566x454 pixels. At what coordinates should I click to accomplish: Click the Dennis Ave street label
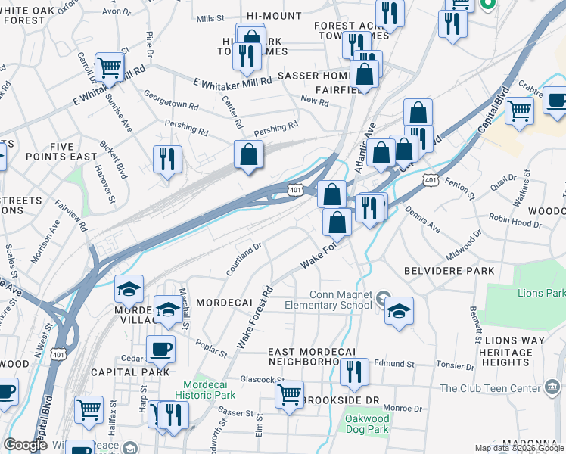422,218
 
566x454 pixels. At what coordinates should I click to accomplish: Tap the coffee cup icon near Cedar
160,349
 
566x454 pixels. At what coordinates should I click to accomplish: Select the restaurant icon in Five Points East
167,159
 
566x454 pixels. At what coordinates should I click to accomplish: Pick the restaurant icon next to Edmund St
353,372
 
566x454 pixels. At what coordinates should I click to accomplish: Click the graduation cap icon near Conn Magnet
399,309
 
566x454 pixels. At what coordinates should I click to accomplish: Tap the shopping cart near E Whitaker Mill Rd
110,67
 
